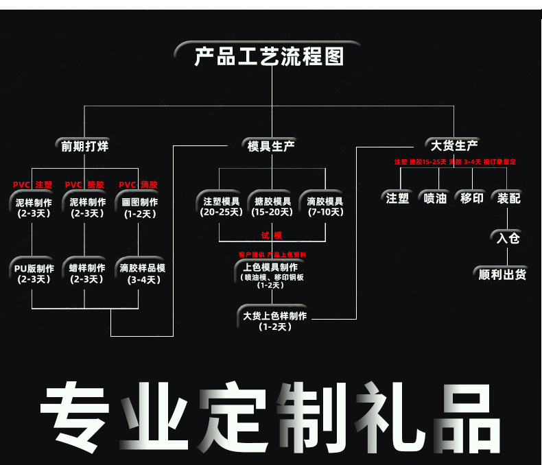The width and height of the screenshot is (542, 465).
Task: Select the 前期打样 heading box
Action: pyautogui.click(x=84, y=145)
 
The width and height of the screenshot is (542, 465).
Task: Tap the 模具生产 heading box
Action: pyautogui.click(x=271, y=145)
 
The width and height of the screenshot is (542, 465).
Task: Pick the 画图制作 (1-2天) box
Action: pyautogui.click(x=140, y=207)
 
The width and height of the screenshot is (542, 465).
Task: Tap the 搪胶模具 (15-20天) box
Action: pyautogui.click(x=272, y=206)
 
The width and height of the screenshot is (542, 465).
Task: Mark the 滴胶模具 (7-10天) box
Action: pyautogui.click(x=325, y=206)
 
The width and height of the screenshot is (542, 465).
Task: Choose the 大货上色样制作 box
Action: pyautogui.click(x=274, y=321)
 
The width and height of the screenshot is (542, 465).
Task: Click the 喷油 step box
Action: pyautogui.click(x=435, y=198)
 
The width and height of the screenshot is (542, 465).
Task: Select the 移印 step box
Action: pyautogui.click(x=471, y=198)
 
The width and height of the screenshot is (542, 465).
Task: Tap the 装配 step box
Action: pyautogui.click(x=508, y=198)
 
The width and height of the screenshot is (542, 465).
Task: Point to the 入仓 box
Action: pyautogui.click(x=508, y=239)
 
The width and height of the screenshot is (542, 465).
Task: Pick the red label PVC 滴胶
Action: pyautogui.click(x=138, y=184)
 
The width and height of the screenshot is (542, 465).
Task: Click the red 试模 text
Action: pyautogui.click(x=272, y=235)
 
